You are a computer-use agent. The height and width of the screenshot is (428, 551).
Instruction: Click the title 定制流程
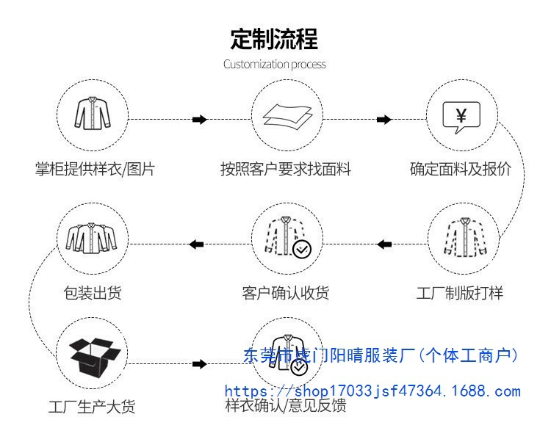pos(275,38)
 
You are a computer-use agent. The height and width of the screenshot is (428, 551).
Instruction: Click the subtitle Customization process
pos(275,64)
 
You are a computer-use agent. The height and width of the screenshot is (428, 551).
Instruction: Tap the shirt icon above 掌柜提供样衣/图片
pos(93,115)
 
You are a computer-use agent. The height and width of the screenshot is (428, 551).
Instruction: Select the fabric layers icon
pos(287,117)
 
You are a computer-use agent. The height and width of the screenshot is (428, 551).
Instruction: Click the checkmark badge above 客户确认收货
pos(302,249)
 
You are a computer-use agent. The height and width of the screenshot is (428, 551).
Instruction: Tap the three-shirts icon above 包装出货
pos(93,237)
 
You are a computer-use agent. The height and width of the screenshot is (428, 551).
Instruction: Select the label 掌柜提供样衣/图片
pos(96,170)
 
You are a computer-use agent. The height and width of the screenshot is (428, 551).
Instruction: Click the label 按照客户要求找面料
pos(286,170)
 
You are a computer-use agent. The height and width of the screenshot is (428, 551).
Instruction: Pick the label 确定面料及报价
pos(461,170)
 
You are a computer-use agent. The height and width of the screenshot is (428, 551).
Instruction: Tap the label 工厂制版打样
pos(461,293)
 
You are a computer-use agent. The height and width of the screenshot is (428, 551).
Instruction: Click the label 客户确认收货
pos(286,293)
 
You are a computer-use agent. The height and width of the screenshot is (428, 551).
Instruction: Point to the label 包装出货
pos(93,293)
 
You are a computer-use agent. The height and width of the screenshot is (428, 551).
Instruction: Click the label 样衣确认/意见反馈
pos(286,406)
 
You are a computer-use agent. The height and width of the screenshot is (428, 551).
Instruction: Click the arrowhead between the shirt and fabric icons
pos(199,119)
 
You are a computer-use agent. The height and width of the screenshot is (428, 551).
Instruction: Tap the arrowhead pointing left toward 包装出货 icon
pos(197,244)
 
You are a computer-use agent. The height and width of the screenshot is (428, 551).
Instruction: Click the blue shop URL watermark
pos(372,391)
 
